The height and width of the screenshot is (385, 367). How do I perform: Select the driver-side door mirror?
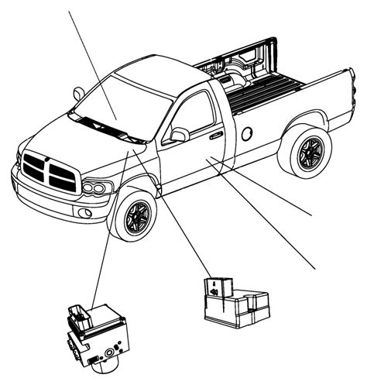click(179, 136)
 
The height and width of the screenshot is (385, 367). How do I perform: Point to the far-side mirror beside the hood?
click(78, 95)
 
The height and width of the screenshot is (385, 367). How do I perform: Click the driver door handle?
click(216, 136)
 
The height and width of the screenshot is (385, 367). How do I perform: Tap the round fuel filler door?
click(246, 132)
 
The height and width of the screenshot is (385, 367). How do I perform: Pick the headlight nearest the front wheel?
click(98, 187)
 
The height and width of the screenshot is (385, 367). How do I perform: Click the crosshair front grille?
click(48, 170)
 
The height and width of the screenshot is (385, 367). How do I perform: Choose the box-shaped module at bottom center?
click(233, 302)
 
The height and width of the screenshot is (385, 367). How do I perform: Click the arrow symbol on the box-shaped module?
click(214, 292)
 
